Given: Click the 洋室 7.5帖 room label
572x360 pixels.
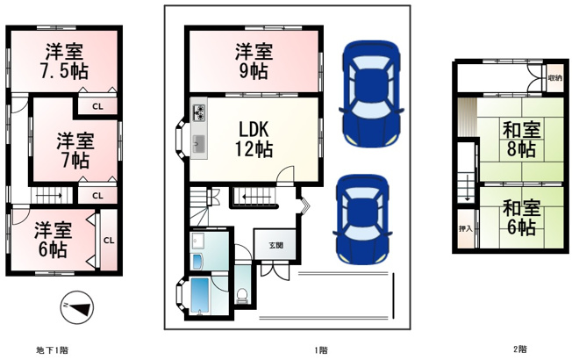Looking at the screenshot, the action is pos(64,61).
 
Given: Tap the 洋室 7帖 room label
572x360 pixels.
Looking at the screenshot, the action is pos(75,150).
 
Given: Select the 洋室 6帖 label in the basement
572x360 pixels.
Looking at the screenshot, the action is pos(53,240).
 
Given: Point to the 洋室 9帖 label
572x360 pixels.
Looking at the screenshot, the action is pos(254,61).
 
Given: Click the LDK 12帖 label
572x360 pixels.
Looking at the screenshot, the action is pos(254,139).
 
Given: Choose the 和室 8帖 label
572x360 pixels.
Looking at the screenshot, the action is pos(522,140).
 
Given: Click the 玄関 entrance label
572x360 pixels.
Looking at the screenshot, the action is pos(276,245).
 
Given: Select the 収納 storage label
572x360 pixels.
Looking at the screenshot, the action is pos(554,78).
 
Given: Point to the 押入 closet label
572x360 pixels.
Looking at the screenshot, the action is pos(466,229).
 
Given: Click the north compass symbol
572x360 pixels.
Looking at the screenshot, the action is pos(76,307).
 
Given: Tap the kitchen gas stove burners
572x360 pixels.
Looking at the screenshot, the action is pos(199,112).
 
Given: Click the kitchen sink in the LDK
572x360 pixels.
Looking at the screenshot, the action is pos(199,144).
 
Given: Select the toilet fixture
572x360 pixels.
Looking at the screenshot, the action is pos(242,295).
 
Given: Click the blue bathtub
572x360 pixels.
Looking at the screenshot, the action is pos(199,296).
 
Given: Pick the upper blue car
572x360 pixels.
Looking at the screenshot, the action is pos(371,94).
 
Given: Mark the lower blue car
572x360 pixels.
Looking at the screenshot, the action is pos(362,220).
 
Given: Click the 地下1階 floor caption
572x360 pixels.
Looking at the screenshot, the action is pos(52,350).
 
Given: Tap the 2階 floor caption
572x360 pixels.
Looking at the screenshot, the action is pos(520,349).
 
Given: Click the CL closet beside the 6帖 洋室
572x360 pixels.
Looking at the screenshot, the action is pos(109,241).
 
